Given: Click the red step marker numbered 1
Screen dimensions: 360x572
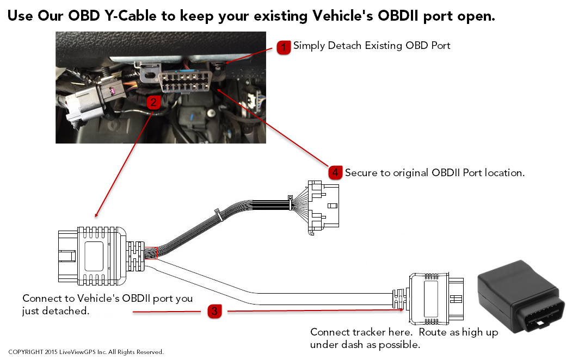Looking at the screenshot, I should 284,47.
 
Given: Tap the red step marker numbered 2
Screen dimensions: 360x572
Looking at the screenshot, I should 154,102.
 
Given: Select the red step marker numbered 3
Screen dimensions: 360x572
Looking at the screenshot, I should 214,312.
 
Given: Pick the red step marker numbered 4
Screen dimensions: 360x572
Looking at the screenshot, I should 335,172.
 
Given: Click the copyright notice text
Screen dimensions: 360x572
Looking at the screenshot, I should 86,352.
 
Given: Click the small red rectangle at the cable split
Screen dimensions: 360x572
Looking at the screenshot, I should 150,253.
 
